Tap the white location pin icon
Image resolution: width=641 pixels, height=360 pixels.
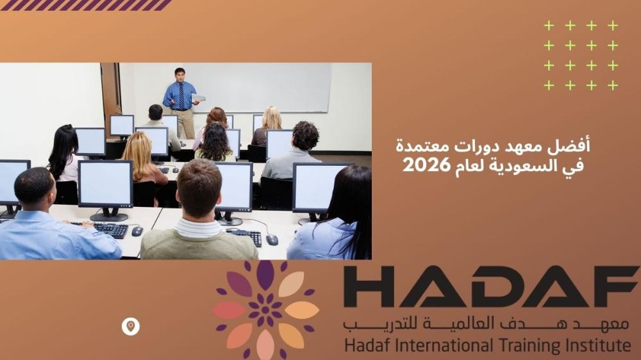tap(130, 327)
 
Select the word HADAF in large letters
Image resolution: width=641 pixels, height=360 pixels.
tap(490, 286)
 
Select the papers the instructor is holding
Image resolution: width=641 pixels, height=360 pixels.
tap(198, 98)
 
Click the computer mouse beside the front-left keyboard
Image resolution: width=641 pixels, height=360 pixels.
tap(137, 231)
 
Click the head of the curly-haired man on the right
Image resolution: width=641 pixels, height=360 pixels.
tap(305, 135)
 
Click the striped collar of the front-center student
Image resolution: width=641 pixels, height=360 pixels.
tap(199, 227)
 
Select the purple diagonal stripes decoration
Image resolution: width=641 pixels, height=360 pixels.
tap(86, 5)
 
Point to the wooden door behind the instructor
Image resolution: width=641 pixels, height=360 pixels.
tap(111, 94)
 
